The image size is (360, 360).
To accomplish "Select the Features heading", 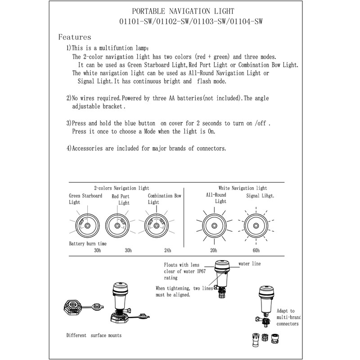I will point(75,37).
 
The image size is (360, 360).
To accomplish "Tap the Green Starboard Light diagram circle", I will point(87,225).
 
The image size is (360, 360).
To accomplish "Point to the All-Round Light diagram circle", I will point(213,225).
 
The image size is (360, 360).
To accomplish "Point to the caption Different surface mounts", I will point(94,335).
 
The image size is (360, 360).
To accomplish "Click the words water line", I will point(249,264).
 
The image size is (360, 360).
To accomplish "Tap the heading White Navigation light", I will point(243,188).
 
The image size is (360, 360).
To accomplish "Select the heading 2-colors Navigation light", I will point(121,188).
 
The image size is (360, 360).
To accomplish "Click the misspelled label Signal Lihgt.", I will point(260,196).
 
